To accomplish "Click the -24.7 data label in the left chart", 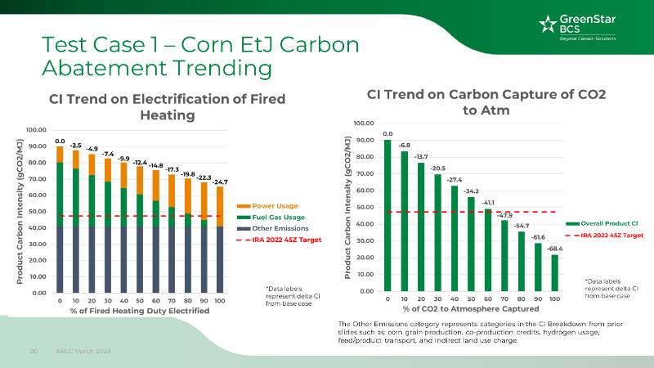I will [220, 181].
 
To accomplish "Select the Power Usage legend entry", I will [275, 205].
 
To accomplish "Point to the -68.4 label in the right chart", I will [555, 248].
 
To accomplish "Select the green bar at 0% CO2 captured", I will [387, 215].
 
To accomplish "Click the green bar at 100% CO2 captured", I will [555, 272].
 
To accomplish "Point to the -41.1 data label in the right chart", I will [488, 202].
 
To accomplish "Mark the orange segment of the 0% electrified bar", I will [60, 155].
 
